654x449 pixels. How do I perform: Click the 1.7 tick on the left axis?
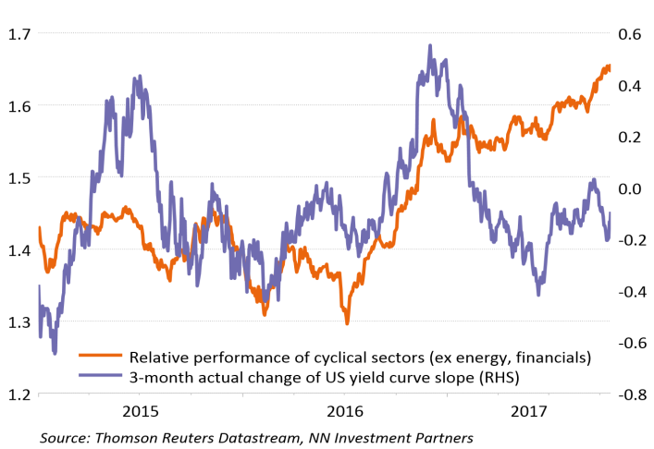tap(17, 34)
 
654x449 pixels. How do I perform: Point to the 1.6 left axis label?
tap(17, 106)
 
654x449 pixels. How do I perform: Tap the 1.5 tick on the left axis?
tap(17, 178)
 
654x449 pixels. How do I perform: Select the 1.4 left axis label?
tap(17, 250)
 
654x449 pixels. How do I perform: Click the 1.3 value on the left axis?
tap(17, 322)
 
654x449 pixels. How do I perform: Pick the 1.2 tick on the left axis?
tap(17, 394)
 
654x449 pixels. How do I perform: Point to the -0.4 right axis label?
tap(629, 292)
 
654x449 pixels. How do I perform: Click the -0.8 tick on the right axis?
tap(629, 394)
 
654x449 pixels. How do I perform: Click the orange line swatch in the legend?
tap(103, 355)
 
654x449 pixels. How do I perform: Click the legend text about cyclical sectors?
tap(359, 356)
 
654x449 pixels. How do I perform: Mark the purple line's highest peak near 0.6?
tap(430, 44)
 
